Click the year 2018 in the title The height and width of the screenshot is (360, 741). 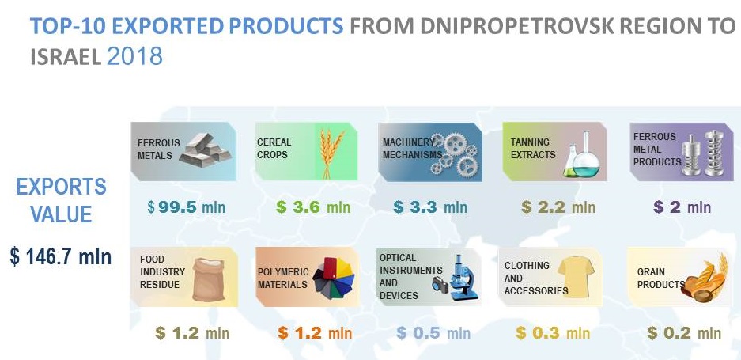click(x=134, y=56)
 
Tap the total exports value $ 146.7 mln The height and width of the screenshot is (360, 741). click(x=60, y=257)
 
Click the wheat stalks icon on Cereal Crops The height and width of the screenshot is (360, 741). click(x=331, y=153)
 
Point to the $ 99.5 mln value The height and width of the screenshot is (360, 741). click(x=186, y=207)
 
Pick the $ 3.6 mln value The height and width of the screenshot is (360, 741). click(x=313, y=207)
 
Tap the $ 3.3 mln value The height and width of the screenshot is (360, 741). click(x=430, y=207)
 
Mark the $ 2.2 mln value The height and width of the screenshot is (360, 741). click(x=558, y=207)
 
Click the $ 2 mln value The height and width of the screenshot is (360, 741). click(x=682, y=207)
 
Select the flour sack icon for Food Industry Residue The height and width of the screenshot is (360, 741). click(x=210, y=279)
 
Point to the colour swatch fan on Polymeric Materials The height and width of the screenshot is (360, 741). click(x=333, y=279)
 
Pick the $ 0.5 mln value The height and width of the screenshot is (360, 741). click(x=433, y=333)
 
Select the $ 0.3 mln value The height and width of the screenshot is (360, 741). click(x=553, y=333)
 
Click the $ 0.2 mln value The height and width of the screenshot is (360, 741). click(x=684, y=333)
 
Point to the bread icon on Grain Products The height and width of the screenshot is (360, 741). click(x=704, y=279)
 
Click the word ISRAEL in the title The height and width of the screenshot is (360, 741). click(x=66, y=57)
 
